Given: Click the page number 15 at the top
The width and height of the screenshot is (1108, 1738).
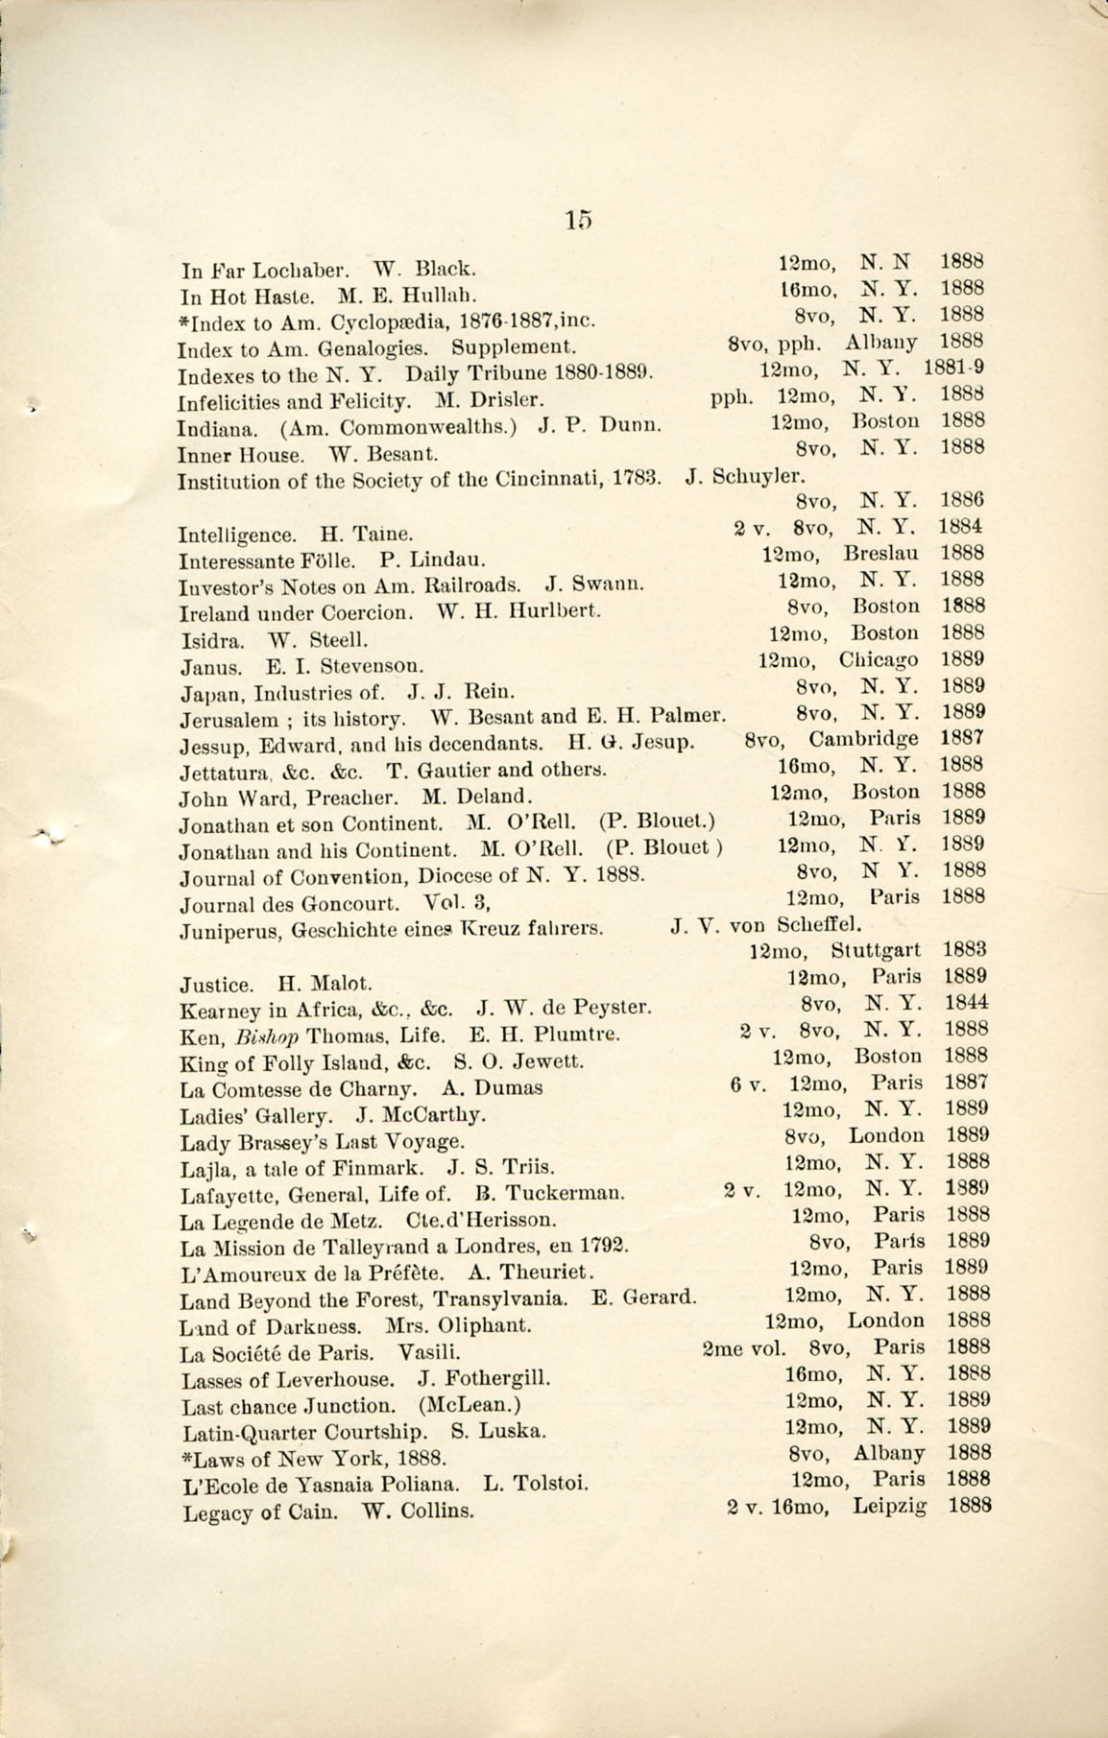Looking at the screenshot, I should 579,220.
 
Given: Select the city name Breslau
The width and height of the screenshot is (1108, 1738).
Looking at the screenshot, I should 881,554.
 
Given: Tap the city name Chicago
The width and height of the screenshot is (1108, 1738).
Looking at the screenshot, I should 878,660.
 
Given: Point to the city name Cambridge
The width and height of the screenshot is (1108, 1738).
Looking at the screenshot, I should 863,739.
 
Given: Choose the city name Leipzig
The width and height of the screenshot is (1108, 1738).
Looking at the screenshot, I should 889,1506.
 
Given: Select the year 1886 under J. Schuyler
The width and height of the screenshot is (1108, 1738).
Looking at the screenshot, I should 962,500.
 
